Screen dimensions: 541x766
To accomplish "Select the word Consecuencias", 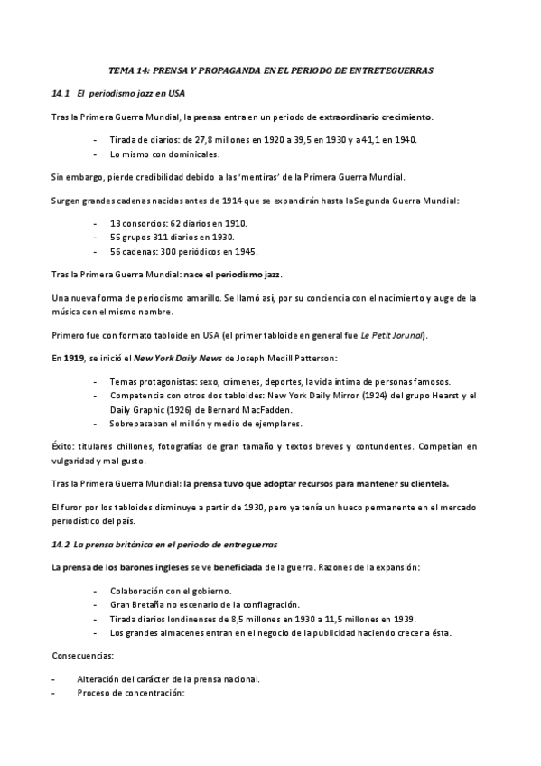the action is (x=83, y=656).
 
